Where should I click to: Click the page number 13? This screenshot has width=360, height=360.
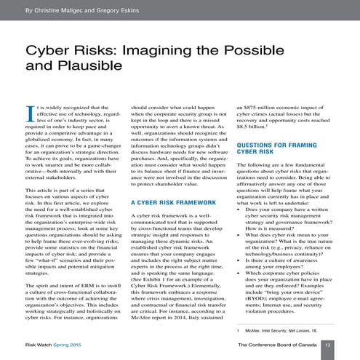click(327, 345)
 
